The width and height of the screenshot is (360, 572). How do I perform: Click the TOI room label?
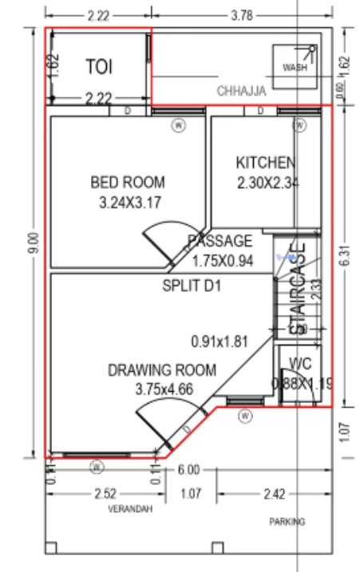tap(99, 66)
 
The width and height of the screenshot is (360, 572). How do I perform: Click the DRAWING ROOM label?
tap(162, 370)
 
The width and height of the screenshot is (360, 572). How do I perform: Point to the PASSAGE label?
tap(220, 241)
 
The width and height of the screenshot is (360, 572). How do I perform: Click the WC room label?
tap(300, 363)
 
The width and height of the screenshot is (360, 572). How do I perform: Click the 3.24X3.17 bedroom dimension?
tap(130, 203)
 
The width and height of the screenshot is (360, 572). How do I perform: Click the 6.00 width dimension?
tap(189, 471)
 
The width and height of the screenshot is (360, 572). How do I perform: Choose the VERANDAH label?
tap(129, 509)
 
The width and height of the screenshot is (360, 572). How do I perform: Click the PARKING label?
tap(287, 522)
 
